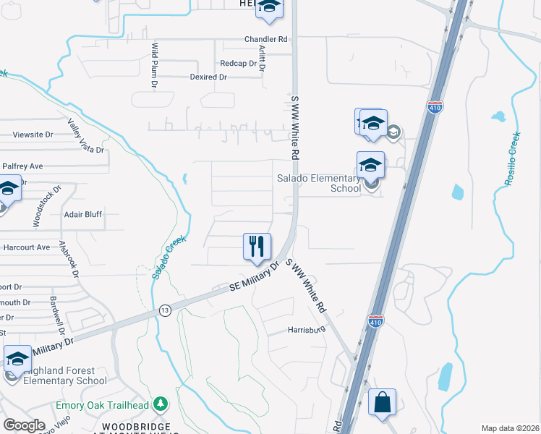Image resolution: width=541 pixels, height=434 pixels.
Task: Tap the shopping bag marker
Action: pos(382,403)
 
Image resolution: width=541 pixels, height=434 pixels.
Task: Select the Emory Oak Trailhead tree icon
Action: pos(164,404)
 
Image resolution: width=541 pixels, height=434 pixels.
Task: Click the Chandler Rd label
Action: pos(265,39)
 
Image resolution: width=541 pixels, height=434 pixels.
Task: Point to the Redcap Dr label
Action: pos(239,64)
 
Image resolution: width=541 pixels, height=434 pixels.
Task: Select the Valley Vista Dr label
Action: pos(86,136)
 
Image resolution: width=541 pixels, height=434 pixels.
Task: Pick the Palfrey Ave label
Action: pos(22,166)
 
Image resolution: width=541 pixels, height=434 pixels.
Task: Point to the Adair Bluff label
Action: pos(83,214)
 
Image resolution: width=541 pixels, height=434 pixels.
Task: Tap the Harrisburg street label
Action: pos(304,330)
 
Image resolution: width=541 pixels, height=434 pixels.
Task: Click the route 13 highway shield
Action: pos(165,310)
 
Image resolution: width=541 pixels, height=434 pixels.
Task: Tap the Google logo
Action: pos(24,425)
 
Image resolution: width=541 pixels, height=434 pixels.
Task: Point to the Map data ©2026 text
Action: pos(510,428)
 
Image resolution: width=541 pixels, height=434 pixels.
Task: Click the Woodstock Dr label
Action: pos(37,208)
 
